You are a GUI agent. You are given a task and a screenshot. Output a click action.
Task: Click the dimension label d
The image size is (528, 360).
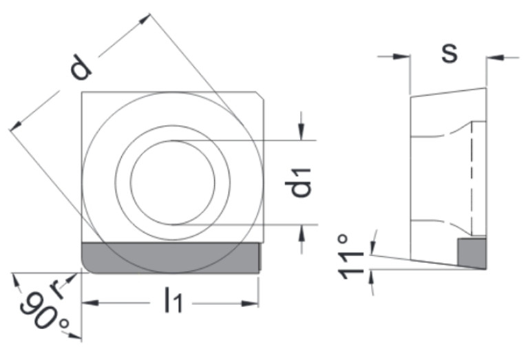(81, 67)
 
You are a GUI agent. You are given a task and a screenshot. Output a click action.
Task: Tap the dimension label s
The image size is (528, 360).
(450, 53)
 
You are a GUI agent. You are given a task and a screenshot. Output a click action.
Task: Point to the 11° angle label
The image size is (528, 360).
(352, 256)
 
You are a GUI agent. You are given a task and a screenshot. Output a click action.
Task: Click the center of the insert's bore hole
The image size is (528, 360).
(173, 182)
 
